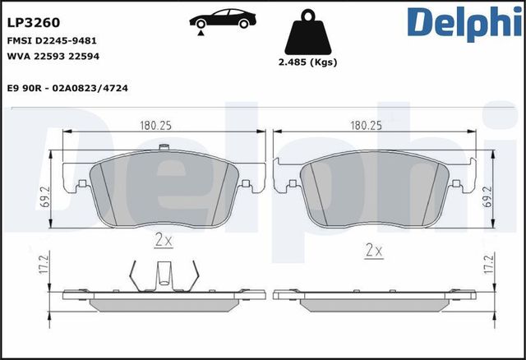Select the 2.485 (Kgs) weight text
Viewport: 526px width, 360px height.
(x=307, y=62)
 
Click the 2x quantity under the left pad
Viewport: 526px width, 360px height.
(x=164, y=241)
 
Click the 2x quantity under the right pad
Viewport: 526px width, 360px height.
(x=374, y=249)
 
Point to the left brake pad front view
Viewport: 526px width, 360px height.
(x=164, y=189)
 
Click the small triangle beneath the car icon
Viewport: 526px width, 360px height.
(x=200, y=31)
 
